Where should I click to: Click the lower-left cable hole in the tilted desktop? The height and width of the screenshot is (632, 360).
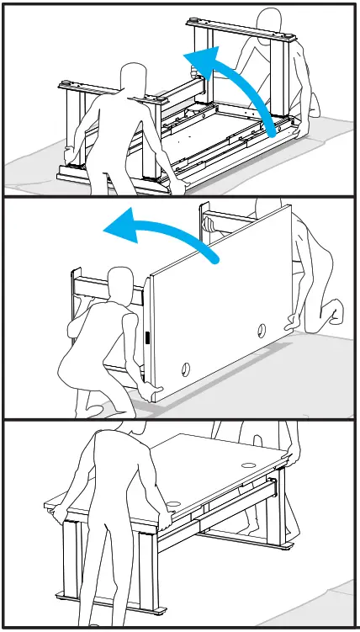(x=184, y=368)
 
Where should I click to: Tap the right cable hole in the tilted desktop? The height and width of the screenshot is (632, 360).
(x=262, y=330)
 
